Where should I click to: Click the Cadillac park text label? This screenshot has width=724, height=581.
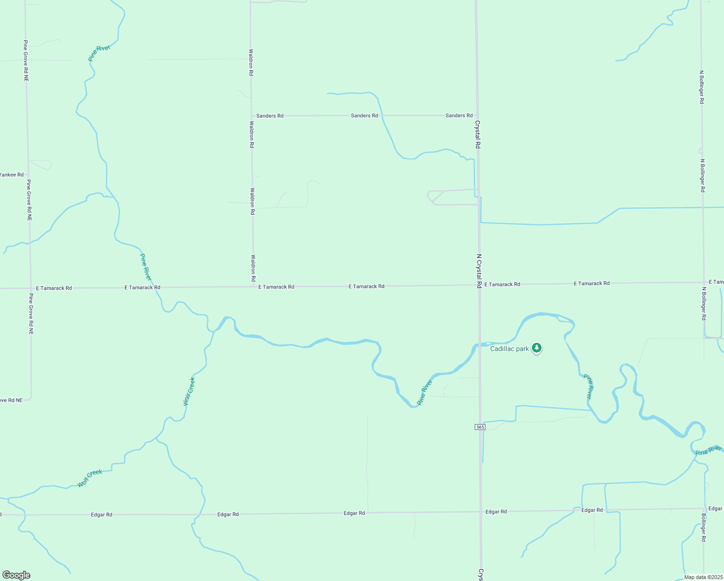(x=510, y=349)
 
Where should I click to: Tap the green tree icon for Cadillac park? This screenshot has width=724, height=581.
(x=536, y=348)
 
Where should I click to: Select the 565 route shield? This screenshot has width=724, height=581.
(x=480, y=427)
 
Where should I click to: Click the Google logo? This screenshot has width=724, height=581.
(x=16, y=575)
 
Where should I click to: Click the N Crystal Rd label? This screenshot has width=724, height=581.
(x=479, y=271)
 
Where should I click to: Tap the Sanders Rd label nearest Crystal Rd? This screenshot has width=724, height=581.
(x=459, y=115)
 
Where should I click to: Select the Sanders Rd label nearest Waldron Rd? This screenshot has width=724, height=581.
(x=270, y=116)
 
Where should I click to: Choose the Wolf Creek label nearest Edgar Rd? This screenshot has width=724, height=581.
(x=90, y=478)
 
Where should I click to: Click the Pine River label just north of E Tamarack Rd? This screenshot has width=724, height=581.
(x=146, y=267)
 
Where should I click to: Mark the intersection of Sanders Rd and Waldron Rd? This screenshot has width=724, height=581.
(x=251, y=116)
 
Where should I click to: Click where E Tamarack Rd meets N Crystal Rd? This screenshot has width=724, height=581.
(x=479, y=285)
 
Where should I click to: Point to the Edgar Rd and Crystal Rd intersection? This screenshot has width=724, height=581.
(x=481, y=511)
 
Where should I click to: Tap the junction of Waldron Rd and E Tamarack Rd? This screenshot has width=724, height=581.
(x=253, y=287)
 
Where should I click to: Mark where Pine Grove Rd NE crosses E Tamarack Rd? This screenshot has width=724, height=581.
(x=30, y=288)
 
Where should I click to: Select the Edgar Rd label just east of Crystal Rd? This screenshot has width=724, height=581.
(x=496, y=511)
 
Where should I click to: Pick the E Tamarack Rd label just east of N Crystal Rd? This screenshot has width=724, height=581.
(x=502, y=284)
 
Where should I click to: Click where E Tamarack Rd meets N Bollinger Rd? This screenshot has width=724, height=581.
(x=704, y=282)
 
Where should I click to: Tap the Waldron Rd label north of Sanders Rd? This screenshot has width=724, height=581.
(x=251, y=62)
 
